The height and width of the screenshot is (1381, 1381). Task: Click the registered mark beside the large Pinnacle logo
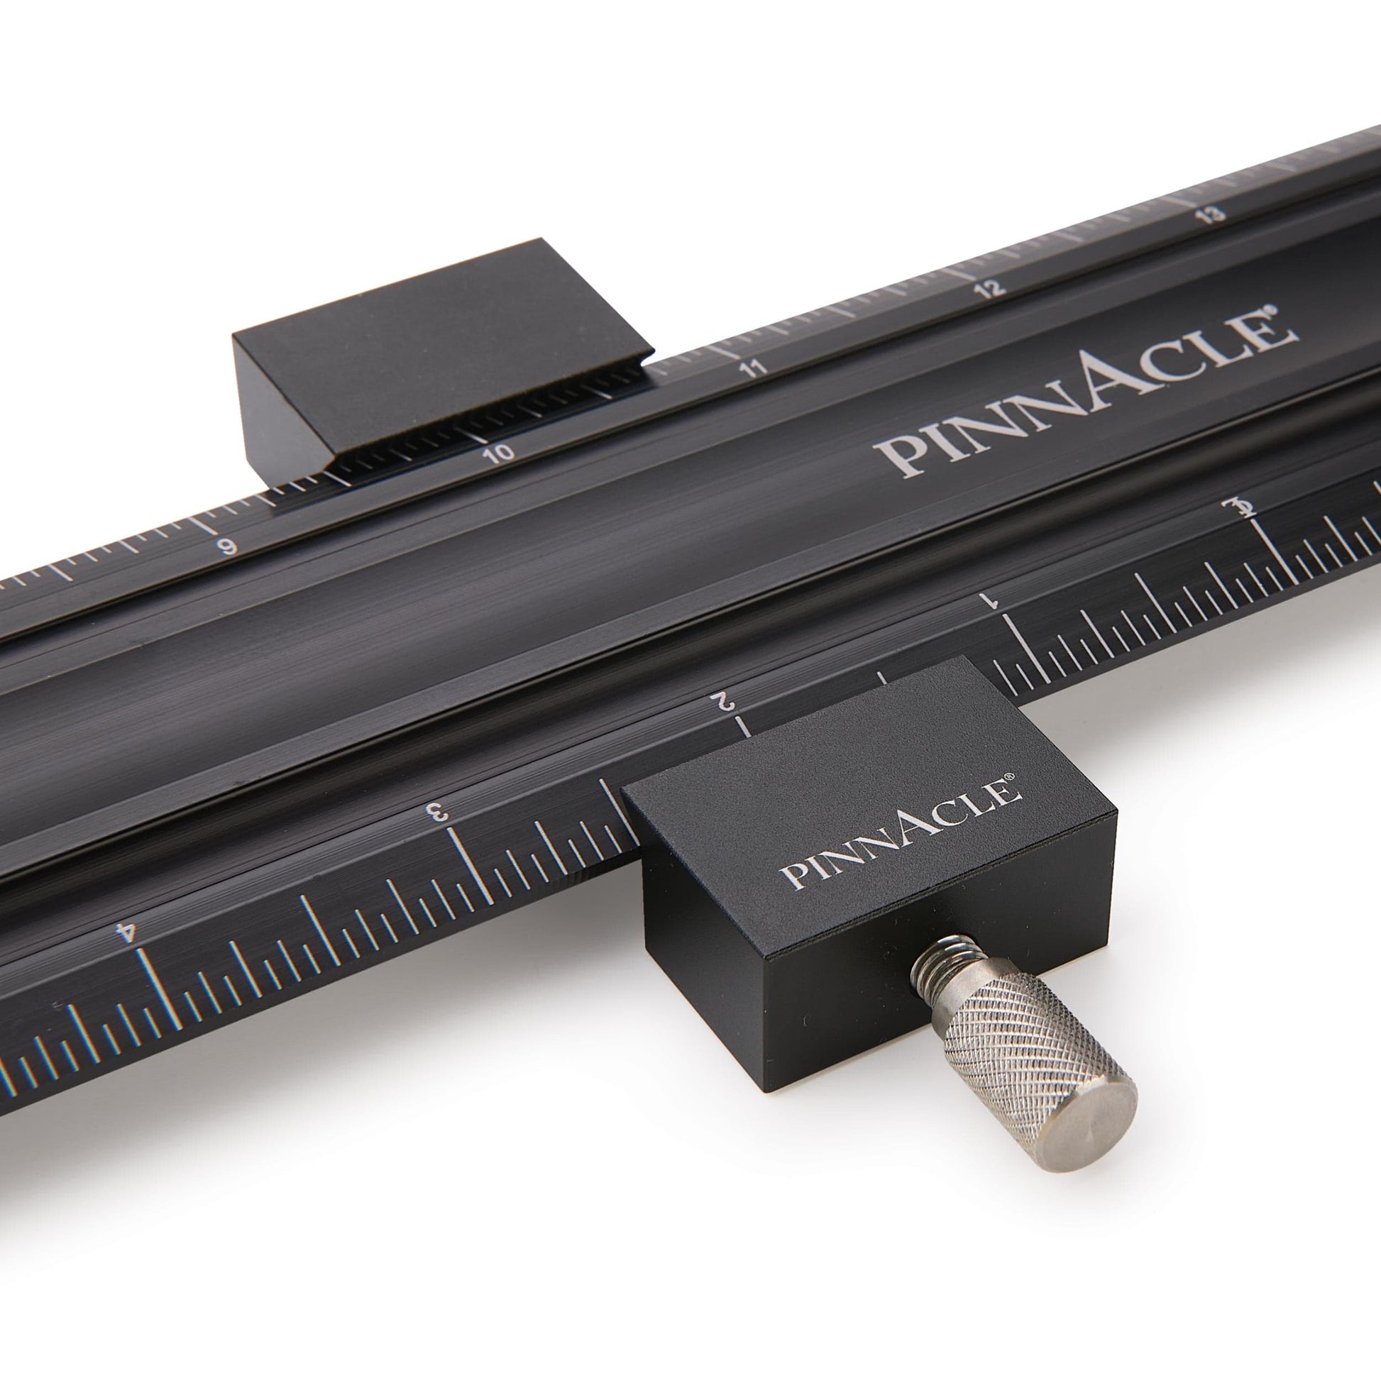pyautogui.click(x=1287, y=312)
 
